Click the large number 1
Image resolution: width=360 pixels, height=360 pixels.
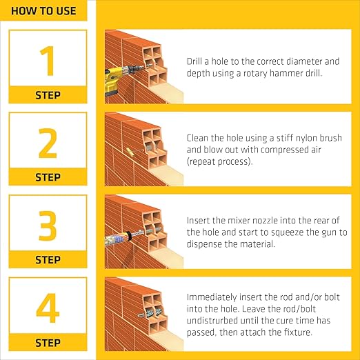point(48,61)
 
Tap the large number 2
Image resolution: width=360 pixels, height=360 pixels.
point(48,143)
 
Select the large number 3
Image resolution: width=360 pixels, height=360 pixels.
point(48,226)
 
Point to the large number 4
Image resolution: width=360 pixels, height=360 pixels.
point(48,309)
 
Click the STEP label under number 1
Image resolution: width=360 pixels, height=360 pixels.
point(48,95)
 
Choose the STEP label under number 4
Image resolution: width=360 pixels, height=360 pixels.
point(48,343)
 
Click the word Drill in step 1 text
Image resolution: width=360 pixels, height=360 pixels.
point(196,61)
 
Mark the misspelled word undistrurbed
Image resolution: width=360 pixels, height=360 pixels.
point(214,321)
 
